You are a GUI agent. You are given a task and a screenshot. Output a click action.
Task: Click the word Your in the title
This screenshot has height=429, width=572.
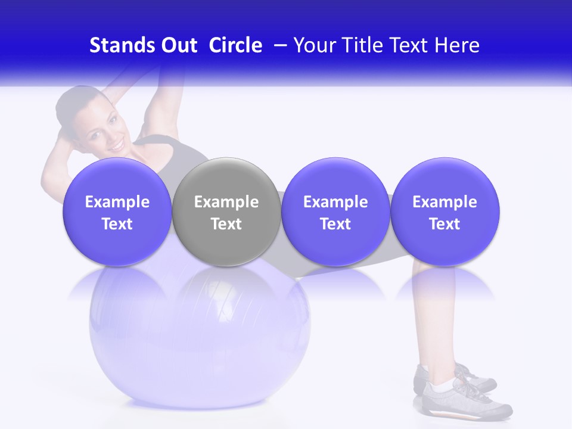(315, 45)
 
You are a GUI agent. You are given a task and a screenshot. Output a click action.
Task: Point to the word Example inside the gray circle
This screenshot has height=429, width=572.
(226, 202)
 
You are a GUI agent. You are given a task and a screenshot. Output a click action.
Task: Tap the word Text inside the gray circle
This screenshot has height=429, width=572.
(226, 224)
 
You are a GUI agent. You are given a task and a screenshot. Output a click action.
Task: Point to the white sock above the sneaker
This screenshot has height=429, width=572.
(441, 387)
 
